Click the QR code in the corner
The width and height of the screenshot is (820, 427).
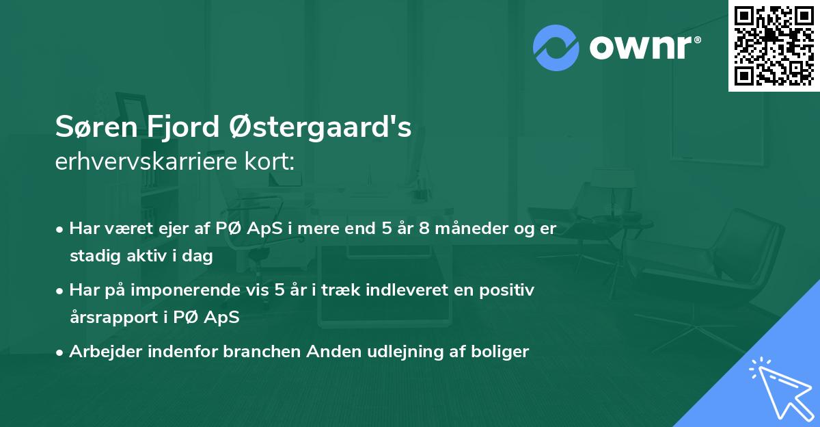click(x=774, y=45)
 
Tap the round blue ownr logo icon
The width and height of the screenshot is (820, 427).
click(x=556, y=47)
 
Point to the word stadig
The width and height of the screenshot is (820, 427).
click(x=93, y=257)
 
